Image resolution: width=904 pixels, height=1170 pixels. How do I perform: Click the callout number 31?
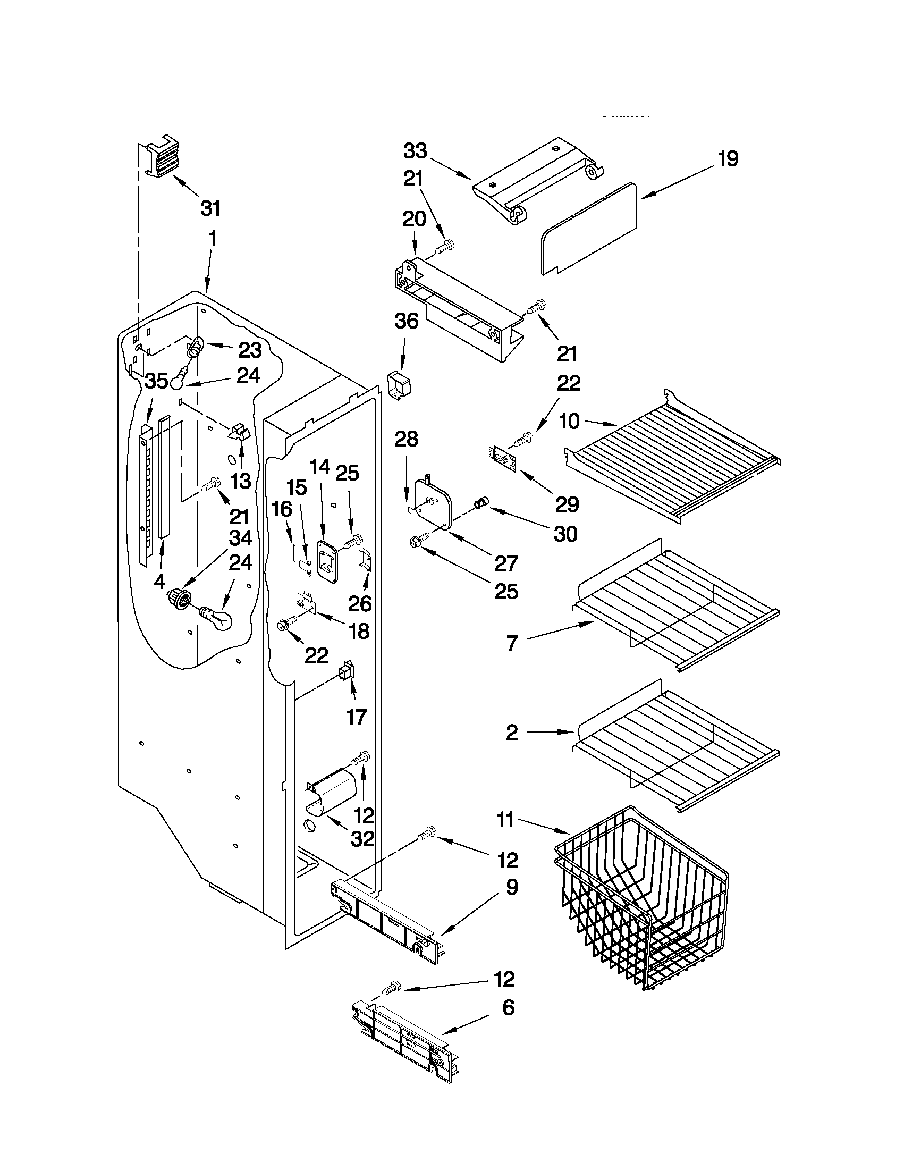[x=210, y=208]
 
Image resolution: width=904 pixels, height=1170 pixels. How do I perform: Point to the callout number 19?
[x=728, y=158]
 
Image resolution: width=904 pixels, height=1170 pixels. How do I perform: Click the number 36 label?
[x=407, y=321]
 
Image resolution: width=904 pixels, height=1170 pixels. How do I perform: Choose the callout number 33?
[x=415, y=151]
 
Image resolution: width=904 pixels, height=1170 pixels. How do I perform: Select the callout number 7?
[x=512, y=643]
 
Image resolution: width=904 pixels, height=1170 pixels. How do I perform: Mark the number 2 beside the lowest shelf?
[x=512, y=733]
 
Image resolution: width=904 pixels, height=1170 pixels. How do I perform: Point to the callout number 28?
[x=406, y=439]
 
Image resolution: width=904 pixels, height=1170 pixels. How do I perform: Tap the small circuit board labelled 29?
[x=503, y=459]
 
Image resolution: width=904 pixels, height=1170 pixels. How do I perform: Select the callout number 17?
[x=357, y=716]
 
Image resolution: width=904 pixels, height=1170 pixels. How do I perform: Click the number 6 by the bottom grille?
[x=508, y=1007]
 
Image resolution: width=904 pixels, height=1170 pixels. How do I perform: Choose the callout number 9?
[x=512, y=887]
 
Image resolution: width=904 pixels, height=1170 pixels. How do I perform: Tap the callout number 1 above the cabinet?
[x=213, y=239]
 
